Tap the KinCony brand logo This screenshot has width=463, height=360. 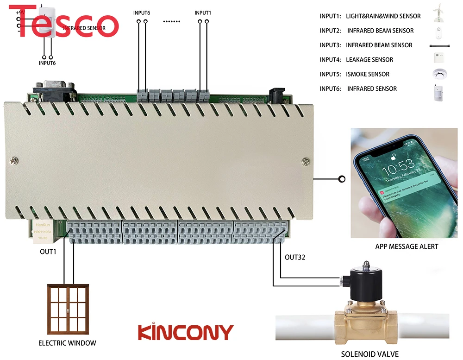click(186, 333)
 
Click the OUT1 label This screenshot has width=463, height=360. click(48, 252)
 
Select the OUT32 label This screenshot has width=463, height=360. click(295, 257)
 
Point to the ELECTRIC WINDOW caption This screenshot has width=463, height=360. click(67, 343)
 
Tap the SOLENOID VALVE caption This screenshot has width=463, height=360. click(363, 354)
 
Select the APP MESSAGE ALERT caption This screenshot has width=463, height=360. click(407, 246)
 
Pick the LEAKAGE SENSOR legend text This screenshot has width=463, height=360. click(369, 60)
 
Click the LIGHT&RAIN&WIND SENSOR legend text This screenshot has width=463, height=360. click(383, 16)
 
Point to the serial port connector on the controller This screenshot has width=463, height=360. click(53, 90)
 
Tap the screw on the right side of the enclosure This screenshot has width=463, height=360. click(305, 161)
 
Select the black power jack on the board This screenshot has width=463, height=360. click(278, 92)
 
